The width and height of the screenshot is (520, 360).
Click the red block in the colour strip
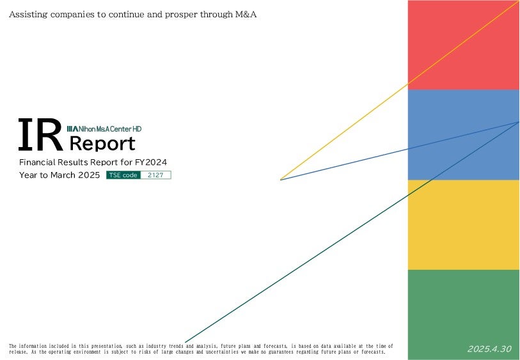464,45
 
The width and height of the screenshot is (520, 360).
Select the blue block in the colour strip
464,134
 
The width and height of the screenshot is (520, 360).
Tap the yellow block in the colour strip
464,224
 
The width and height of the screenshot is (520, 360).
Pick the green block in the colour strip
464,315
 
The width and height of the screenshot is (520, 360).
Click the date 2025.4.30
489,348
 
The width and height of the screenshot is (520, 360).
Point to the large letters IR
40,134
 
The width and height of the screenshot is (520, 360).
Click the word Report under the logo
102,143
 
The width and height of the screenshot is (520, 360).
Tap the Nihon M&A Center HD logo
104,129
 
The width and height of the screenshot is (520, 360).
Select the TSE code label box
123,175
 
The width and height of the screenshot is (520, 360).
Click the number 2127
155,175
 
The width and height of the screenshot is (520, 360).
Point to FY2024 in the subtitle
151,162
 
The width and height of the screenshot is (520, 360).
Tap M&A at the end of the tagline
246,14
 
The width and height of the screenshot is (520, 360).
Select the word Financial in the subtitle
37,162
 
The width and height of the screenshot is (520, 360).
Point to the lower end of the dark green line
185,343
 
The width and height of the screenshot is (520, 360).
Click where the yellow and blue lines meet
281,180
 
